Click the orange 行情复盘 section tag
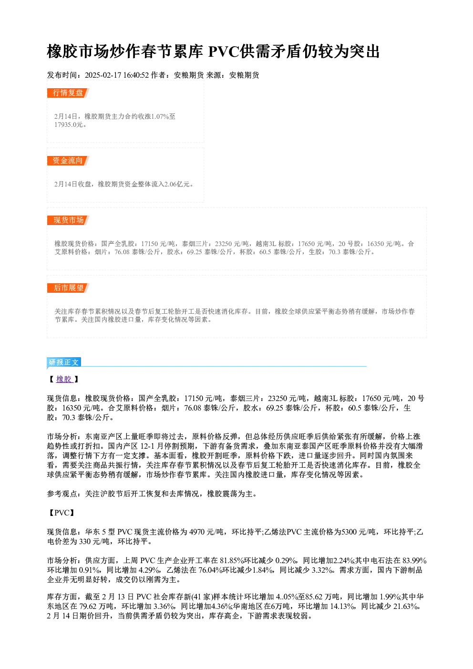(68, 93)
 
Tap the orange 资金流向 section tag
(68, 161)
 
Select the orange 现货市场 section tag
(68, 220)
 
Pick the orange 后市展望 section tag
(68, 288)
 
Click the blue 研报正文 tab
(64, 362)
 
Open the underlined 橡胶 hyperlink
(64, 379)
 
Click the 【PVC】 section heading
(61, 513)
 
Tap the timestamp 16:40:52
(136, 75)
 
